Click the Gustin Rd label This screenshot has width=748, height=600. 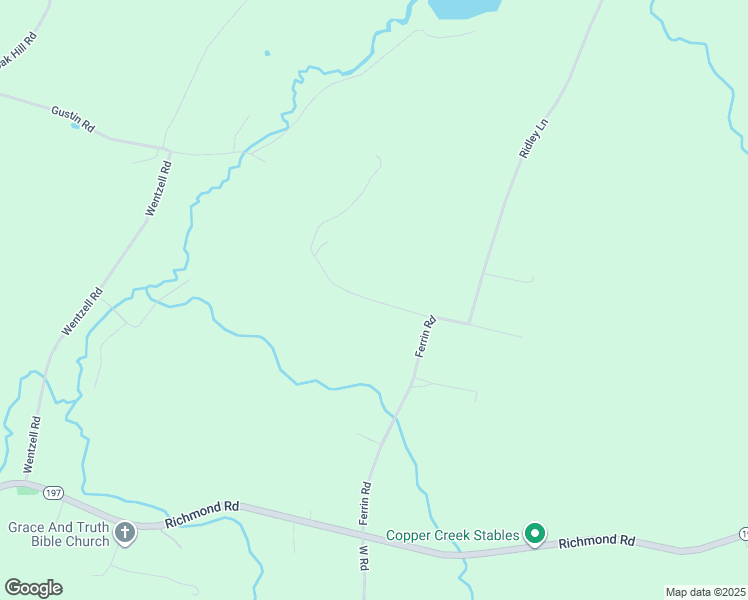(73, 119)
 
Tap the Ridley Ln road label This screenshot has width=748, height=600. (534, 138)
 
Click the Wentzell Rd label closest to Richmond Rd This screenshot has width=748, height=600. (33, 445)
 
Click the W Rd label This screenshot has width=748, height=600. (363, 556)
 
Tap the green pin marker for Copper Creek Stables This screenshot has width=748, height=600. (535, 535)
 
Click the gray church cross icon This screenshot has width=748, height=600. (125, 533)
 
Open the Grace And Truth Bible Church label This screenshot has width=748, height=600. (58, 534)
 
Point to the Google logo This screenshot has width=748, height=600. (33, 587)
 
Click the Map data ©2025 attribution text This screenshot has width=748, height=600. (705, 592)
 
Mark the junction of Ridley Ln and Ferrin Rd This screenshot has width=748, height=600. (469, 323)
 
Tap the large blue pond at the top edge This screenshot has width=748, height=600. (463, 7)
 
